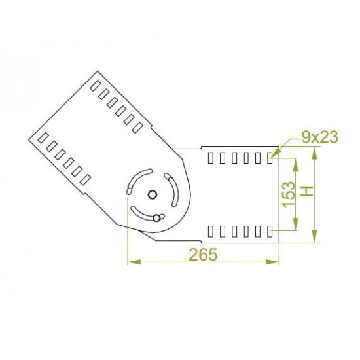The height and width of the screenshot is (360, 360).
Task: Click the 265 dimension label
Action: click(203, 255)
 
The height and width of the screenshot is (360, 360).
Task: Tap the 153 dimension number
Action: click(289, 194)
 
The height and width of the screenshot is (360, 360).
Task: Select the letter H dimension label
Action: click(307, 191)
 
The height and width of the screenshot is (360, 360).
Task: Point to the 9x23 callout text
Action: click(319, 137)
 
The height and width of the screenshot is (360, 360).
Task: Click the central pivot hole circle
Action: click(153, 195)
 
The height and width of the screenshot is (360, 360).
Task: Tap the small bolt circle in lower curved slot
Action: click(156, 218)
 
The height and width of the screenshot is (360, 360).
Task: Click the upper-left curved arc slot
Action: click(137, 181)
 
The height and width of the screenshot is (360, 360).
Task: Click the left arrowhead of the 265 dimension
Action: click(134, 262)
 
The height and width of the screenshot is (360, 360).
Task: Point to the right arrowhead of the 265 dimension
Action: click(272, 262)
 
